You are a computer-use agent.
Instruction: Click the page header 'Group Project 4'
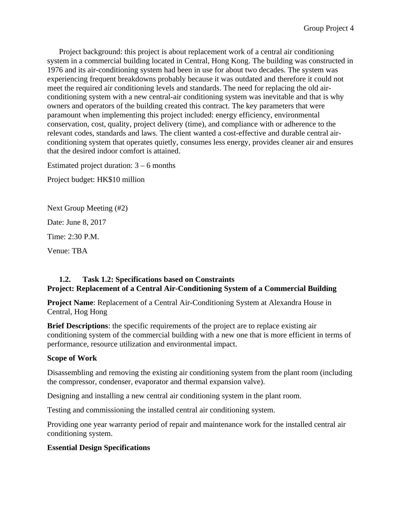328,28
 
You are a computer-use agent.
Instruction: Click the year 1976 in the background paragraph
55,70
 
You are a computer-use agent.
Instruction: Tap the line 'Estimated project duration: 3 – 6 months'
111,165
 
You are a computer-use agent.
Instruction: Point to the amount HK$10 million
121,180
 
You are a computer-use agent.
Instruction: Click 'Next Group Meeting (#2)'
87,208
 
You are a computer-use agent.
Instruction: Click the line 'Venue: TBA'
67,251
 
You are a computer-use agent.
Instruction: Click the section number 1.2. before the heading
65,280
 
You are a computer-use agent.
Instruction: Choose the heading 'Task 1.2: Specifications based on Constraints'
158,280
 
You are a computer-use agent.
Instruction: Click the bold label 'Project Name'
70,303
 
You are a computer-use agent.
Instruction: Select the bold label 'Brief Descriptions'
78,326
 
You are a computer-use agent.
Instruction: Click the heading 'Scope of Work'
72,358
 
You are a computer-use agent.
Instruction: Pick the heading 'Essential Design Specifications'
98,448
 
